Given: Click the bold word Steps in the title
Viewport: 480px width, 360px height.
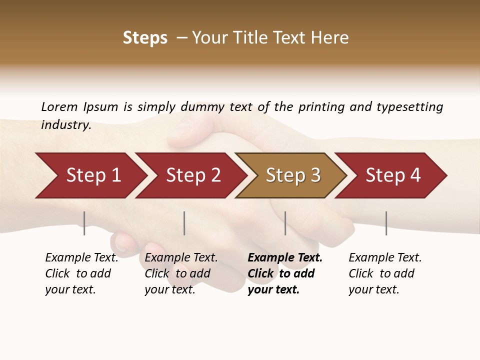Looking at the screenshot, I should [x=145, y=38].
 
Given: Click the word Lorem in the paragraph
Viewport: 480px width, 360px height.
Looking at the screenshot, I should [x=59, y=106].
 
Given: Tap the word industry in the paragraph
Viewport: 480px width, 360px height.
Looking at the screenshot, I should [x=65, y=124].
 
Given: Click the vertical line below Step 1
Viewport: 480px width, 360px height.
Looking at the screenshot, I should [x=84, y=223].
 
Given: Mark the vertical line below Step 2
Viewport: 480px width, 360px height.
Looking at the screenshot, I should [x=184, y=223].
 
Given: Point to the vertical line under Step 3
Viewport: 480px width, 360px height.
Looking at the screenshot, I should [x=285, y=223].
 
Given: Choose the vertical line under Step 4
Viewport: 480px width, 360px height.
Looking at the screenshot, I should [x=386, y=223].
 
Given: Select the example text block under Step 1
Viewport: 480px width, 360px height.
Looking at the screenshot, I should [x=81, y=273].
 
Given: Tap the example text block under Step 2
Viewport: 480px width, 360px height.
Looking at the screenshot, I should [x=180, y=273].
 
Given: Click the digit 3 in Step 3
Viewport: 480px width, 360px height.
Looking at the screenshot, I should [x=315, y=175].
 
